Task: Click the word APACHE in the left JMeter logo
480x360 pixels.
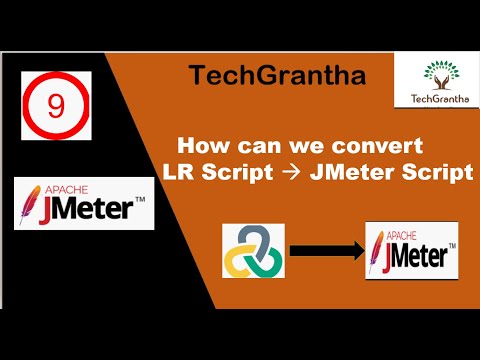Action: (52, 188)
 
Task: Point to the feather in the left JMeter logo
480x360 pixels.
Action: (33, 205)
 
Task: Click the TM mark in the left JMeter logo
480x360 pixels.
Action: (140, 201)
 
